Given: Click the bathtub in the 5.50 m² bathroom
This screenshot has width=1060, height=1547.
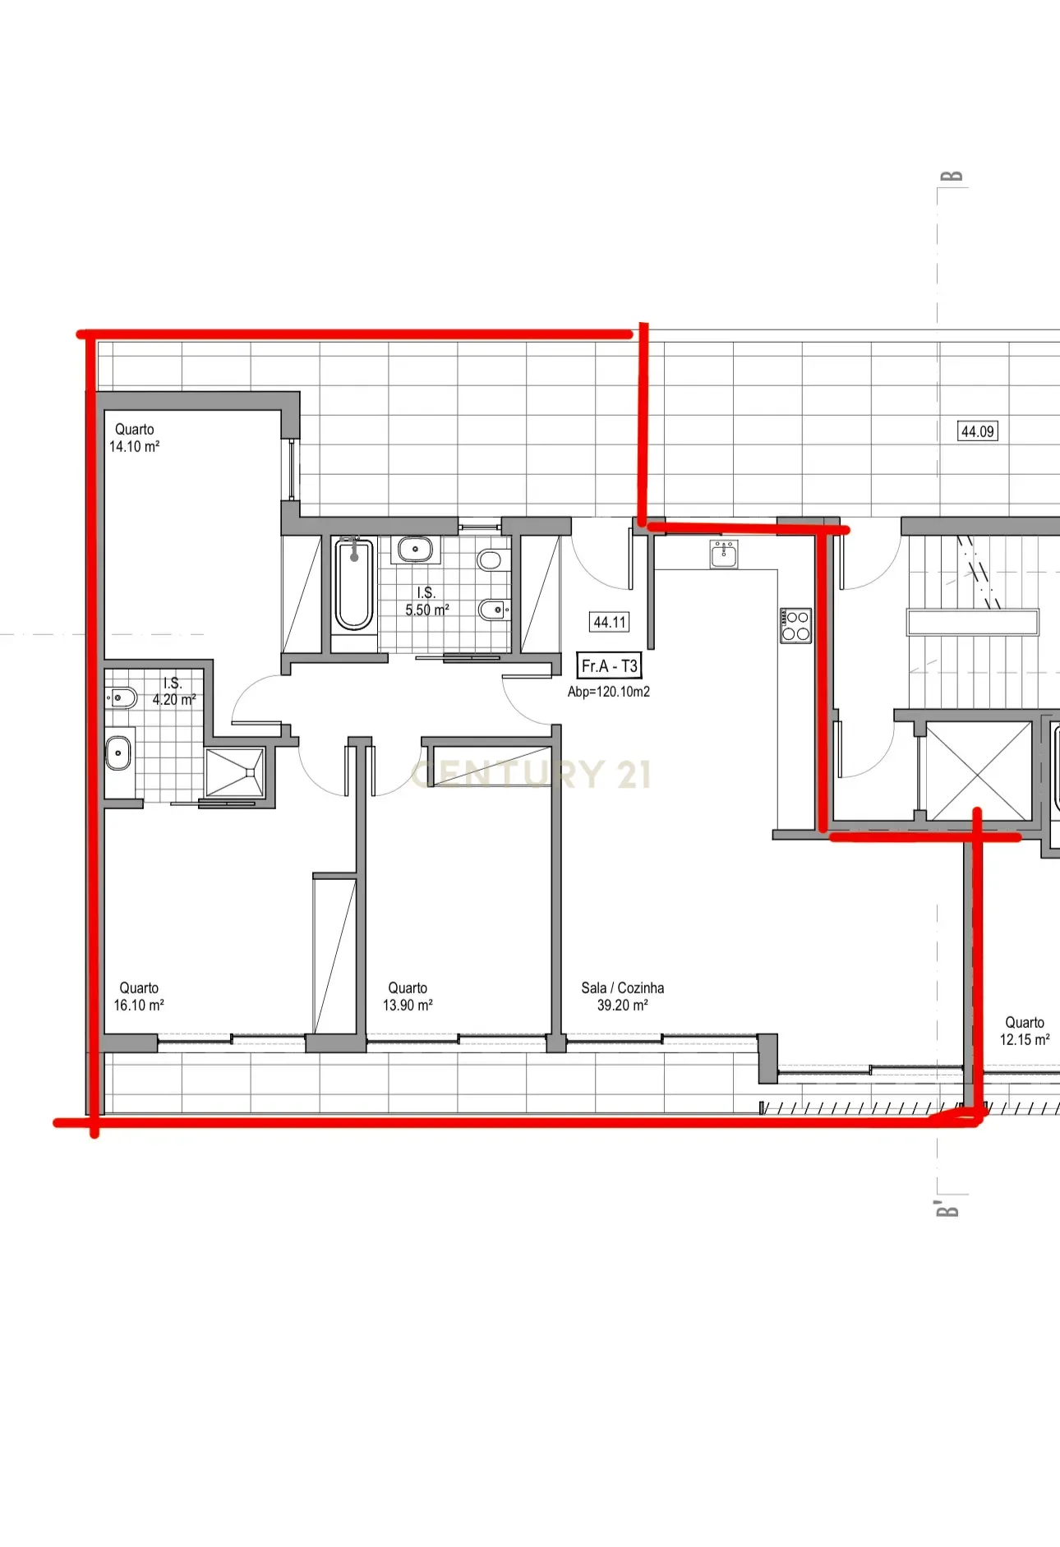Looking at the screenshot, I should tap(354, 583).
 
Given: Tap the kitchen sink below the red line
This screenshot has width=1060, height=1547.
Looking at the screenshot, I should tap(724, 554).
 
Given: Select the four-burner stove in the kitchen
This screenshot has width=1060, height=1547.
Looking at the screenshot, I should tap(795, 626).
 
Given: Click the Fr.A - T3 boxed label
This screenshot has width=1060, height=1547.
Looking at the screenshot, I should tap(609, 666).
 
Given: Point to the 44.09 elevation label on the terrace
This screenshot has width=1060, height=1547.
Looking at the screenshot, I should tap(978, 431).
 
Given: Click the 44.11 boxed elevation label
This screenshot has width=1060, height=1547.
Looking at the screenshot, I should tap(610, 623).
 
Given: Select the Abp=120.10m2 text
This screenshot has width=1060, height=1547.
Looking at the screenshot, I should tap(608, 692).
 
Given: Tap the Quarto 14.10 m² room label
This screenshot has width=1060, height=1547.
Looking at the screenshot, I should tap(135, 438).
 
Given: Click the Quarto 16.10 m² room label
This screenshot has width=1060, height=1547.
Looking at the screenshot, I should tap(139, 997).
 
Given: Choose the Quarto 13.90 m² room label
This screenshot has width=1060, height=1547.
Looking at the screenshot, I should tap(408, 997).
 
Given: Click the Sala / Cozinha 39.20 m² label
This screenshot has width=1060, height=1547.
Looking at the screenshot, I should tap(622, 997).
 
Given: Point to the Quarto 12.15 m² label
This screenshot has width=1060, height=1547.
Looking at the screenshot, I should tap(1024, 1031).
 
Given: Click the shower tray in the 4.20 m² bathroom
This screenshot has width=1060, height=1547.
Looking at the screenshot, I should tap(235, 772).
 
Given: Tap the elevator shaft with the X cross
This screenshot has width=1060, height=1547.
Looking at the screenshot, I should tap(978, 771).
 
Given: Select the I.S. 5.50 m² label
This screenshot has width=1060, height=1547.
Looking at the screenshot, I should tap(426, 601).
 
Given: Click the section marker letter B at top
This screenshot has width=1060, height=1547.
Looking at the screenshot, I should tap(951, 177).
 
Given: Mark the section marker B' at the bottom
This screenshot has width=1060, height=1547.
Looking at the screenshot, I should tap(947, 1209).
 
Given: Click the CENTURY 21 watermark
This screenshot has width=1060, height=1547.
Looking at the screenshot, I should tap(531, 775).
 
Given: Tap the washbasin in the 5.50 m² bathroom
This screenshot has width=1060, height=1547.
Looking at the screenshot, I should tap(416, 549).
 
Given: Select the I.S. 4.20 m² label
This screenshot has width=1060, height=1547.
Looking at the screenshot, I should tap(173, 692).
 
